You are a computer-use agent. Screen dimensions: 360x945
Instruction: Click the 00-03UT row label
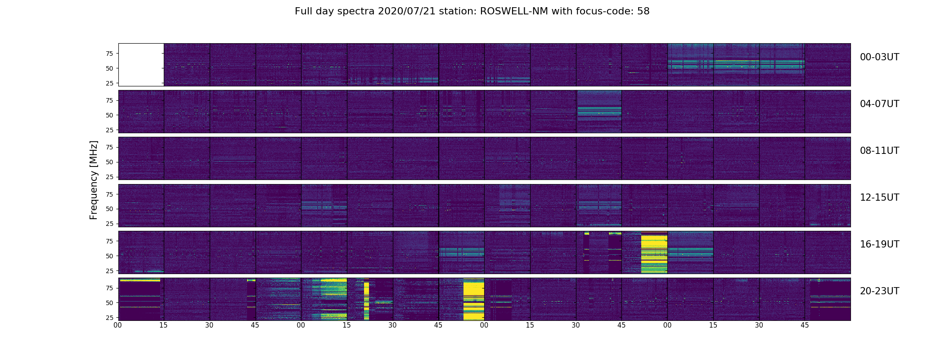pos(879,57)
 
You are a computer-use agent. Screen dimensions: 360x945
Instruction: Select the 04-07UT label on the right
pos(879,104)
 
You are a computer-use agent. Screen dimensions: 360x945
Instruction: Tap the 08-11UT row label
pos(879,151)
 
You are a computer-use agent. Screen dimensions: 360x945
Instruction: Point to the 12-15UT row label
pos(879,198)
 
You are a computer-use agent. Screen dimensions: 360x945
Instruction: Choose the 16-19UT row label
pos(879,244)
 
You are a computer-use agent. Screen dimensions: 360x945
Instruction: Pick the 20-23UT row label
pos(879,291)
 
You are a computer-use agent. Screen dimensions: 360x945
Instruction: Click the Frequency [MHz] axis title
pos(94,180)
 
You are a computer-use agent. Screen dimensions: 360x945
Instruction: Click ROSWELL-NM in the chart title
pos(514,11)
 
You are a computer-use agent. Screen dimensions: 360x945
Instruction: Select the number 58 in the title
pos(643,11)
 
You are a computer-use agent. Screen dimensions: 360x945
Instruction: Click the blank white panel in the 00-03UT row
pos(141,65)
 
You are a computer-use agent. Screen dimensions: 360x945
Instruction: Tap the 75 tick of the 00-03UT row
pos(109,54)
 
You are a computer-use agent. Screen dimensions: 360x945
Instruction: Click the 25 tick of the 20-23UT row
pos(109,318)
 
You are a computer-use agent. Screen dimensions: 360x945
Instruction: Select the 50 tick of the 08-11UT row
pos(109,162)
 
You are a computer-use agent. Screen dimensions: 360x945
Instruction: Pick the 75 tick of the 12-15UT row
pos(109,194)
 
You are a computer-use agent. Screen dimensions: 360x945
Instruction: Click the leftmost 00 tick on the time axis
pos(118,325)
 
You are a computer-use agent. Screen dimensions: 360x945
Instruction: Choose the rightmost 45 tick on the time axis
pos(805,325)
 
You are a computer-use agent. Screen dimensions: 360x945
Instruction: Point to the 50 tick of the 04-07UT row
pos(109,115)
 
